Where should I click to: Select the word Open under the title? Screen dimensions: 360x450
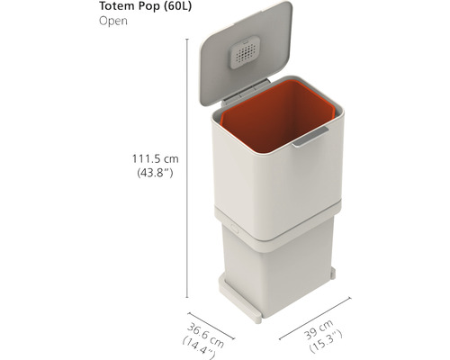point(113,22)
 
